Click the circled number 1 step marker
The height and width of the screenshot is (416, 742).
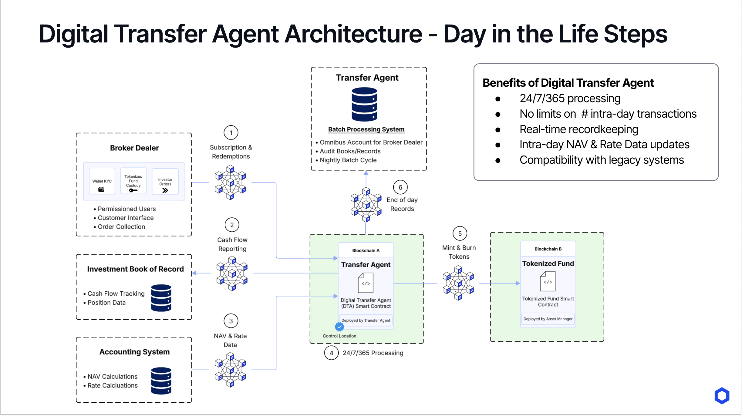[x=231, y=133]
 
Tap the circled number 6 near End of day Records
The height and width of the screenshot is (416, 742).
[x=400, y=188]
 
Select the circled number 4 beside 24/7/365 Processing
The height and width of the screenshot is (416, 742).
[x=331, y=353]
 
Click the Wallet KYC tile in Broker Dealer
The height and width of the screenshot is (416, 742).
[x=102, y=181]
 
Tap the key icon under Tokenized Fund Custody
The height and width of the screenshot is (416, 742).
[x=133, y=190]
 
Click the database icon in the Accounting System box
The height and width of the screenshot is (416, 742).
[x=161, y=381]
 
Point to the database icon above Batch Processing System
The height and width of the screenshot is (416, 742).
[x=364, y=104]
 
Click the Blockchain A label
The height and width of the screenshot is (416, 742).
[x=366, y=251]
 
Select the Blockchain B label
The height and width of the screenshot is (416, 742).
[x=548, y=249]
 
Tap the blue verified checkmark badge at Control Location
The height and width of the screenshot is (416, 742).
[x=339, y=327]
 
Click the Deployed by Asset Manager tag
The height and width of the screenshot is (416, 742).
[x=548, y=319]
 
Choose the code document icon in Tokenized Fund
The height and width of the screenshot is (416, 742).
[x=548, y=282]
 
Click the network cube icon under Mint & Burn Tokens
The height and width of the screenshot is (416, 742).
[x=458, y=283]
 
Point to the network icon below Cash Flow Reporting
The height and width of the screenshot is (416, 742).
[x=232, y=273]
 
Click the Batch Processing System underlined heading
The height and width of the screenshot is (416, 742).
[x=366, y=129]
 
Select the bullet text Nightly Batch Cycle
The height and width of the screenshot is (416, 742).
[x=348, y=160]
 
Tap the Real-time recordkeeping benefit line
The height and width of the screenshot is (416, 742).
[x=579, y=129]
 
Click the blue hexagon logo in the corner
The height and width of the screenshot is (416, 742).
[x=722, y=396]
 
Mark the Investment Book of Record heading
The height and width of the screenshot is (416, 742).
[x=135, y=269]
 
